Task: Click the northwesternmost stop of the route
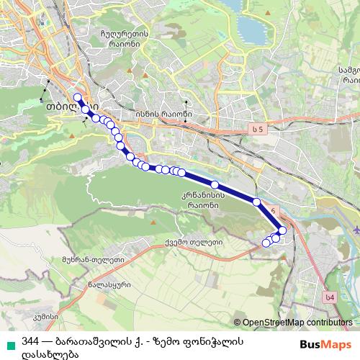pyautogui.click(x=78, y=97)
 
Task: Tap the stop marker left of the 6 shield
pyautogui.click(x=257, y=202)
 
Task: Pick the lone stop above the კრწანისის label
pyautogui.click(x=215, y=185)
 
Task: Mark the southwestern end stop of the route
pyautogui.click(x=266, y=243)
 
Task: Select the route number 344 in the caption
pyautogui.click(x=30, y=341)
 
